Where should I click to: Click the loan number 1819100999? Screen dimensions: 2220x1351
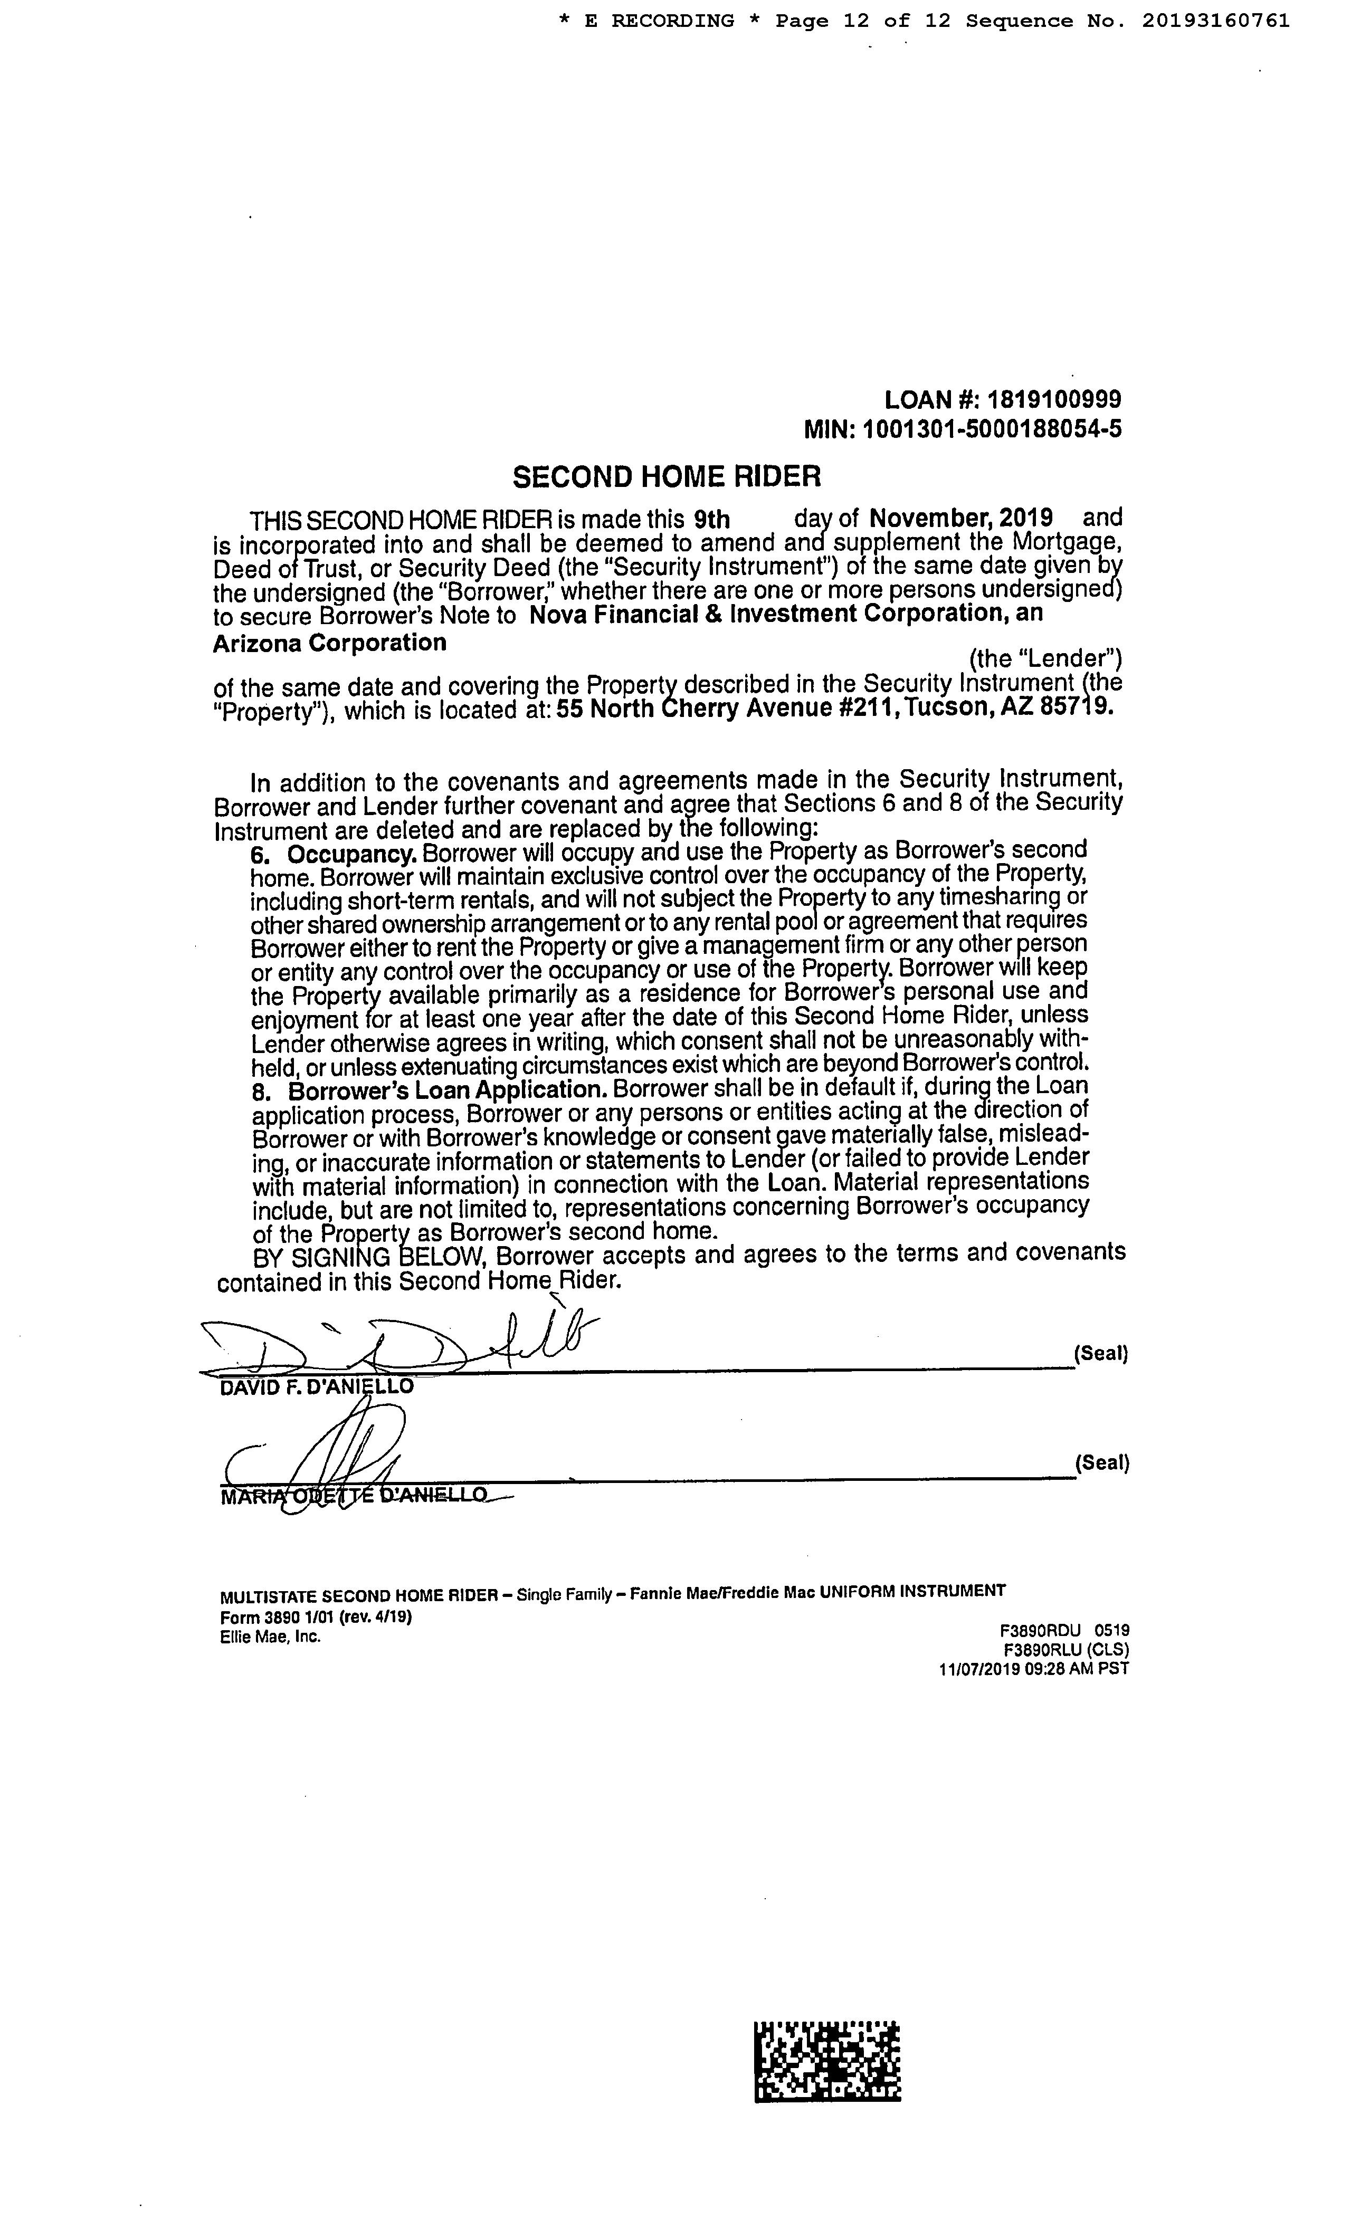[x=1054, y=399]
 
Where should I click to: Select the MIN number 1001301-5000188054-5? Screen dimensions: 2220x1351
[x=992, y=429]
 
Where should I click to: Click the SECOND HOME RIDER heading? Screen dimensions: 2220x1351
[x=667, y=476]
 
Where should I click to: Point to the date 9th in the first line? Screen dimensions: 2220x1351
[x=712, y=519]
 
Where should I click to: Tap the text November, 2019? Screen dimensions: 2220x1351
[x=961, y=518]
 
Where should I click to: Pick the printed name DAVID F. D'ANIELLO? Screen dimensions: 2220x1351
[x=317, y=1386]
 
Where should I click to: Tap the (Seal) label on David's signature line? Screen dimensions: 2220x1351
[x=1101, y=1353]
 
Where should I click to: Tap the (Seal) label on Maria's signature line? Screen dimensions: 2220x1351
[x=1101, y=1462]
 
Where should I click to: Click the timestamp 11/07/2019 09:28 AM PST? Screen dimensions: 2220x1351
[x=1034, y=1668]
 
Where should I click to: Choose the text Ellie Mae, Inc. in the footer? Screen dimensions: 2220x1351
[x=270, y=1636]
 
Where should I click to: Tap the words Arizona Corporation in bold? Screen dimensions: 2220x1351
[x=330, y=643]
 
